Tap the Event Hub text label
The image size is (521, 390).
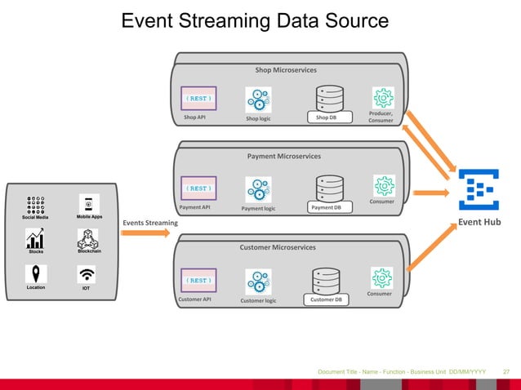click(482, 220)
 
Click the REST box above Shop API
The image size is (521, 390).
click(198, 99)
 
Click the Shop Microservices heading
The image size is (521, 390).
click(286, 70)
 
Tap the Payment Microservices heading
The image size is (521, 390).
click(284, 155)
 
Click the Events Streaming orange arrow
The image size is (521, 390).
click(147, 233)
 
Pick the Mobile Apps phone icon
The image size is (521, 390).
click(89, 204)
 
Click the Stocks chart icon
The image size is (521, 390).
click(35, 239)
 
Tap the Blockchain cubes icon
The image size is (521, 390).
click(88, 239)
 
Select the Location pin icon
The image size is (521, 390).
click(35, 273)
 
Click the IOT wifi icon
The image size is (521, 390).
click(87, 273)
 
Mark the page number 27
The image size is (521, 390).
click(505, 372)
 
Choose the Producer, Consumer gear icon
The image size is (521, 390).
click(382, 98)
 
